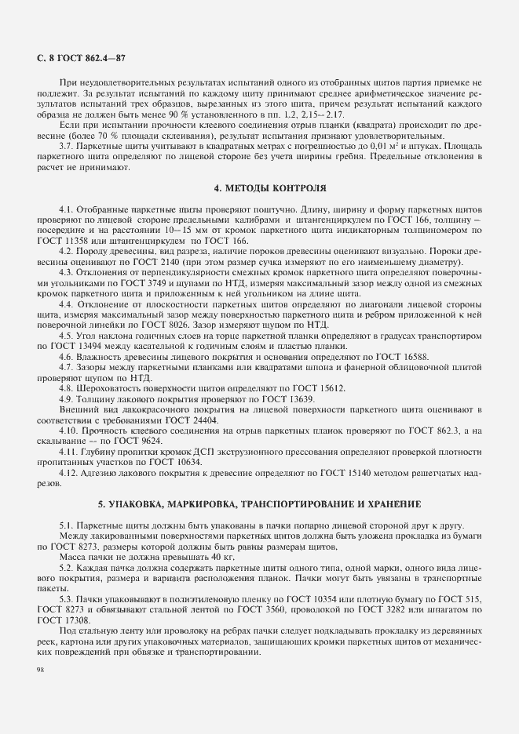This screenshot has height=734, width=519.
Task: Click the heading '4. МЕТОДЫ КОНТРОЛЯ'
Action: tap(258, 189)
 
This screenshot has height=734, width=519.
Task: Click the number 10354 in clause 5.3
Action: tap(331, 598)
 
